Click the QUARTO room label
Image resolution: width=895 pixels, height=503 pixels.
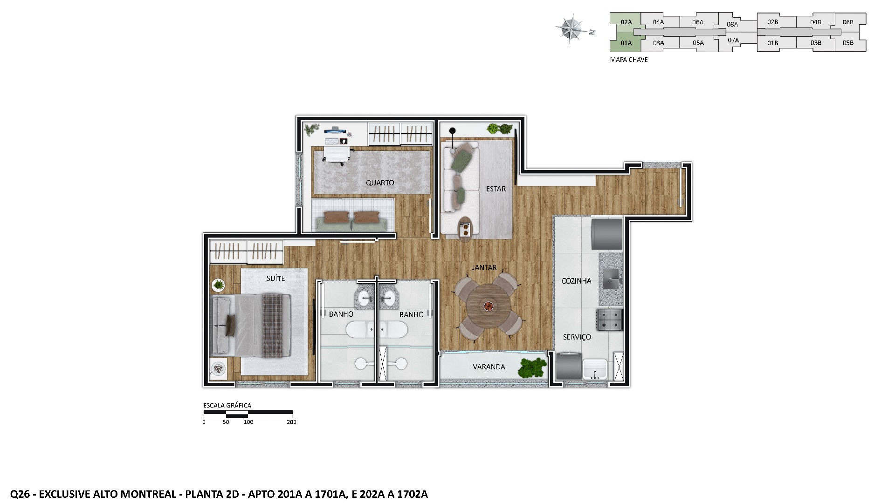click(379, 183)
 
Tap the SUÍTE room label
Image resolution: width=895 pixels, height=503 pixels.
click(275, 278)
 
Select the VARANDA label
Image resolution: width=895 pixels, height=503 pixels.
click(489, 367)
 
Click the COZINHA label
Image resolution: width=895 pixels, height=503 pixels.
click(576, 281)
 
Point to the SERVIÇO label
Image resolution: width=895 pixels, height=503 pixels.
click(577, 337)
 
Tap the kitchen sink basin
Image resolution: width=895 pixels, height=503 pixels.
click(611, 279)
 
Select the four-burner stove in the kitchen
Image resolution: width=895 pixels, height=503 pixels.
click(610, 319)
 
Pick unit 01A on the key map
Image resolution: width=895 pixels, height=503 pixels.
click(626, 43)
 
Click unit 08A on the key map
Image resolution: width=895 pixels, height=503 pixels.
click(732, 24)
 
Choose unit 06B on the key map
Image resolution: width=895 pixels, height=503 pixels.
click(848, 22)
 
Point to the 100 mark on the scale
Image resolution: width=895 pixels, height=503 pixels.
click(248, 422)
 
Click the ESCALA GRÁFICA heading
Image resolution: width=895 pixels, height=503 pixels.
click(227, 405)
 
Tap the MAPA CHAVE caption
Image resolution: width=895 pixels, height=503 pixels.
click(628, 60)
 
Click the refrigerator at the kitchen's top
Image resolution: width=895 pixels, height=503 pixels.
click(606, 234)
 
